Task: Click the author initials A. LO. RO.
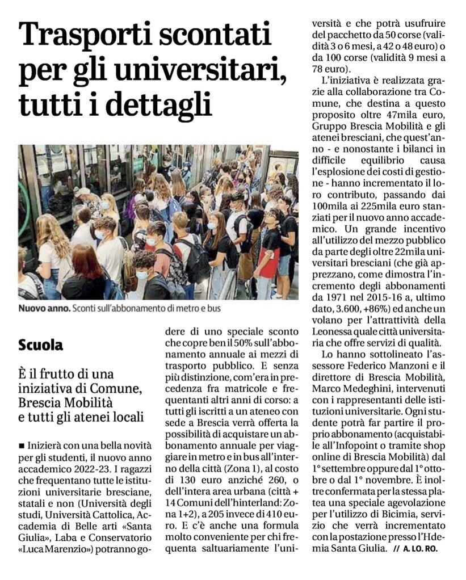pos(421,549)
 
